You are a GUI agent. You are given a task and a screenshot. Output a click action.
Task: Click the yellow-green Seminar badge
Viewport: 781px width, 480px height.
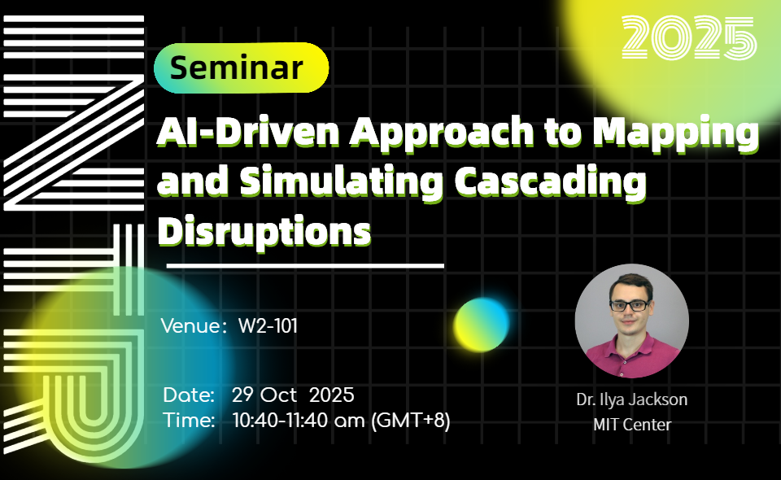[241, 68]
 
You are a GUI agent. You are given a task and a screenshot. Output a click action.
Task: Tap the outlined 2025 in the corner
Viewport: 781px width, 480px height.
[689, 38]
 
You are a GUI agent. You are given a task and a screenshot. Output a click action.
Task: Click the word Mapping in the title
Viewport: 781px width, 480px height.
[676, 133]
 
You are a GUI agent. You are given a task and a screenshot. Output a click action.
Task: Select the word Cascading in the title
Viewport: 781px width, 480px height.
[551, 183]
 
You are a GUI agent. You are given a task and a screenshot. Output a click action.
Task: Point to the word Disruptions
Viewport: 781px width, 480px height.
[264, 232]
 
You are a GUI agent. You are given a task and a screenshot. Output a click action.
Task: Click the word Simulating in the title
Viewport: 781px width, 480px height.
[341, 183]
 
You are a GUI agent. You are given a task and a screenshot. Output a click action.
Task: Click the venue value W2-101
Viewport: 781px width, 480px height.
[268, 326]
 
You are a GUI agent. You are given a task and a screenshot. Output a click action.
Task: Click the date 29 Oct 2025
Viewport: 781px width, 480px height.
[294, 395]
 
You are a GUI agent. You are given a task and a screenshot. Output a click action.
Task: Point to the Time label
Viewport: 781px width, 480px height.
[189, 420]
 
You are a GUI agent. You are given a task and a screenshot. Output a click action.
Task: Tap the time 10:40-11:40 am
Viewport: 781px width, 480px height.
[299, 421]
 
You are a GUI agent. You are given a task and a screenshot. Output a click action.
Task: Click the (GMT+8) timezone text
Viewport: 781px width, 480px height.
[411, 421]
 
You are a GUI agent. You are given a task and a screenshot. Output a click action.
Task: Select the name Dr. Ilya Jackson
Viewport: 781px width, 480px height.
[631, 399]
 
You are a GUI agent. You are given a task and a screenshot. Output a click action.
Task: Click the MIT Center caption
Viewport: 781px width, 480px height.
[632, 425]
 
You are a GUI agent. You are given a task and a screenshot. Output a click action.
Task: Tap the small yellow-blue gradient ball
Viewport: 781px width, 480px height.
[482, 325]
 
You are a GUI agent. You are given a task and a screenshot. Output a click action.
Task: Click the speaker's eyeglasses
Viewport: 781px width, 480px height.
[630, 305]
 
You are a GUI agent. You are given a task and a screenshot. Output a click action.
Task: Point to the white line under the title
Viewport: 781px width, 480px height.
[305, 266]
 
